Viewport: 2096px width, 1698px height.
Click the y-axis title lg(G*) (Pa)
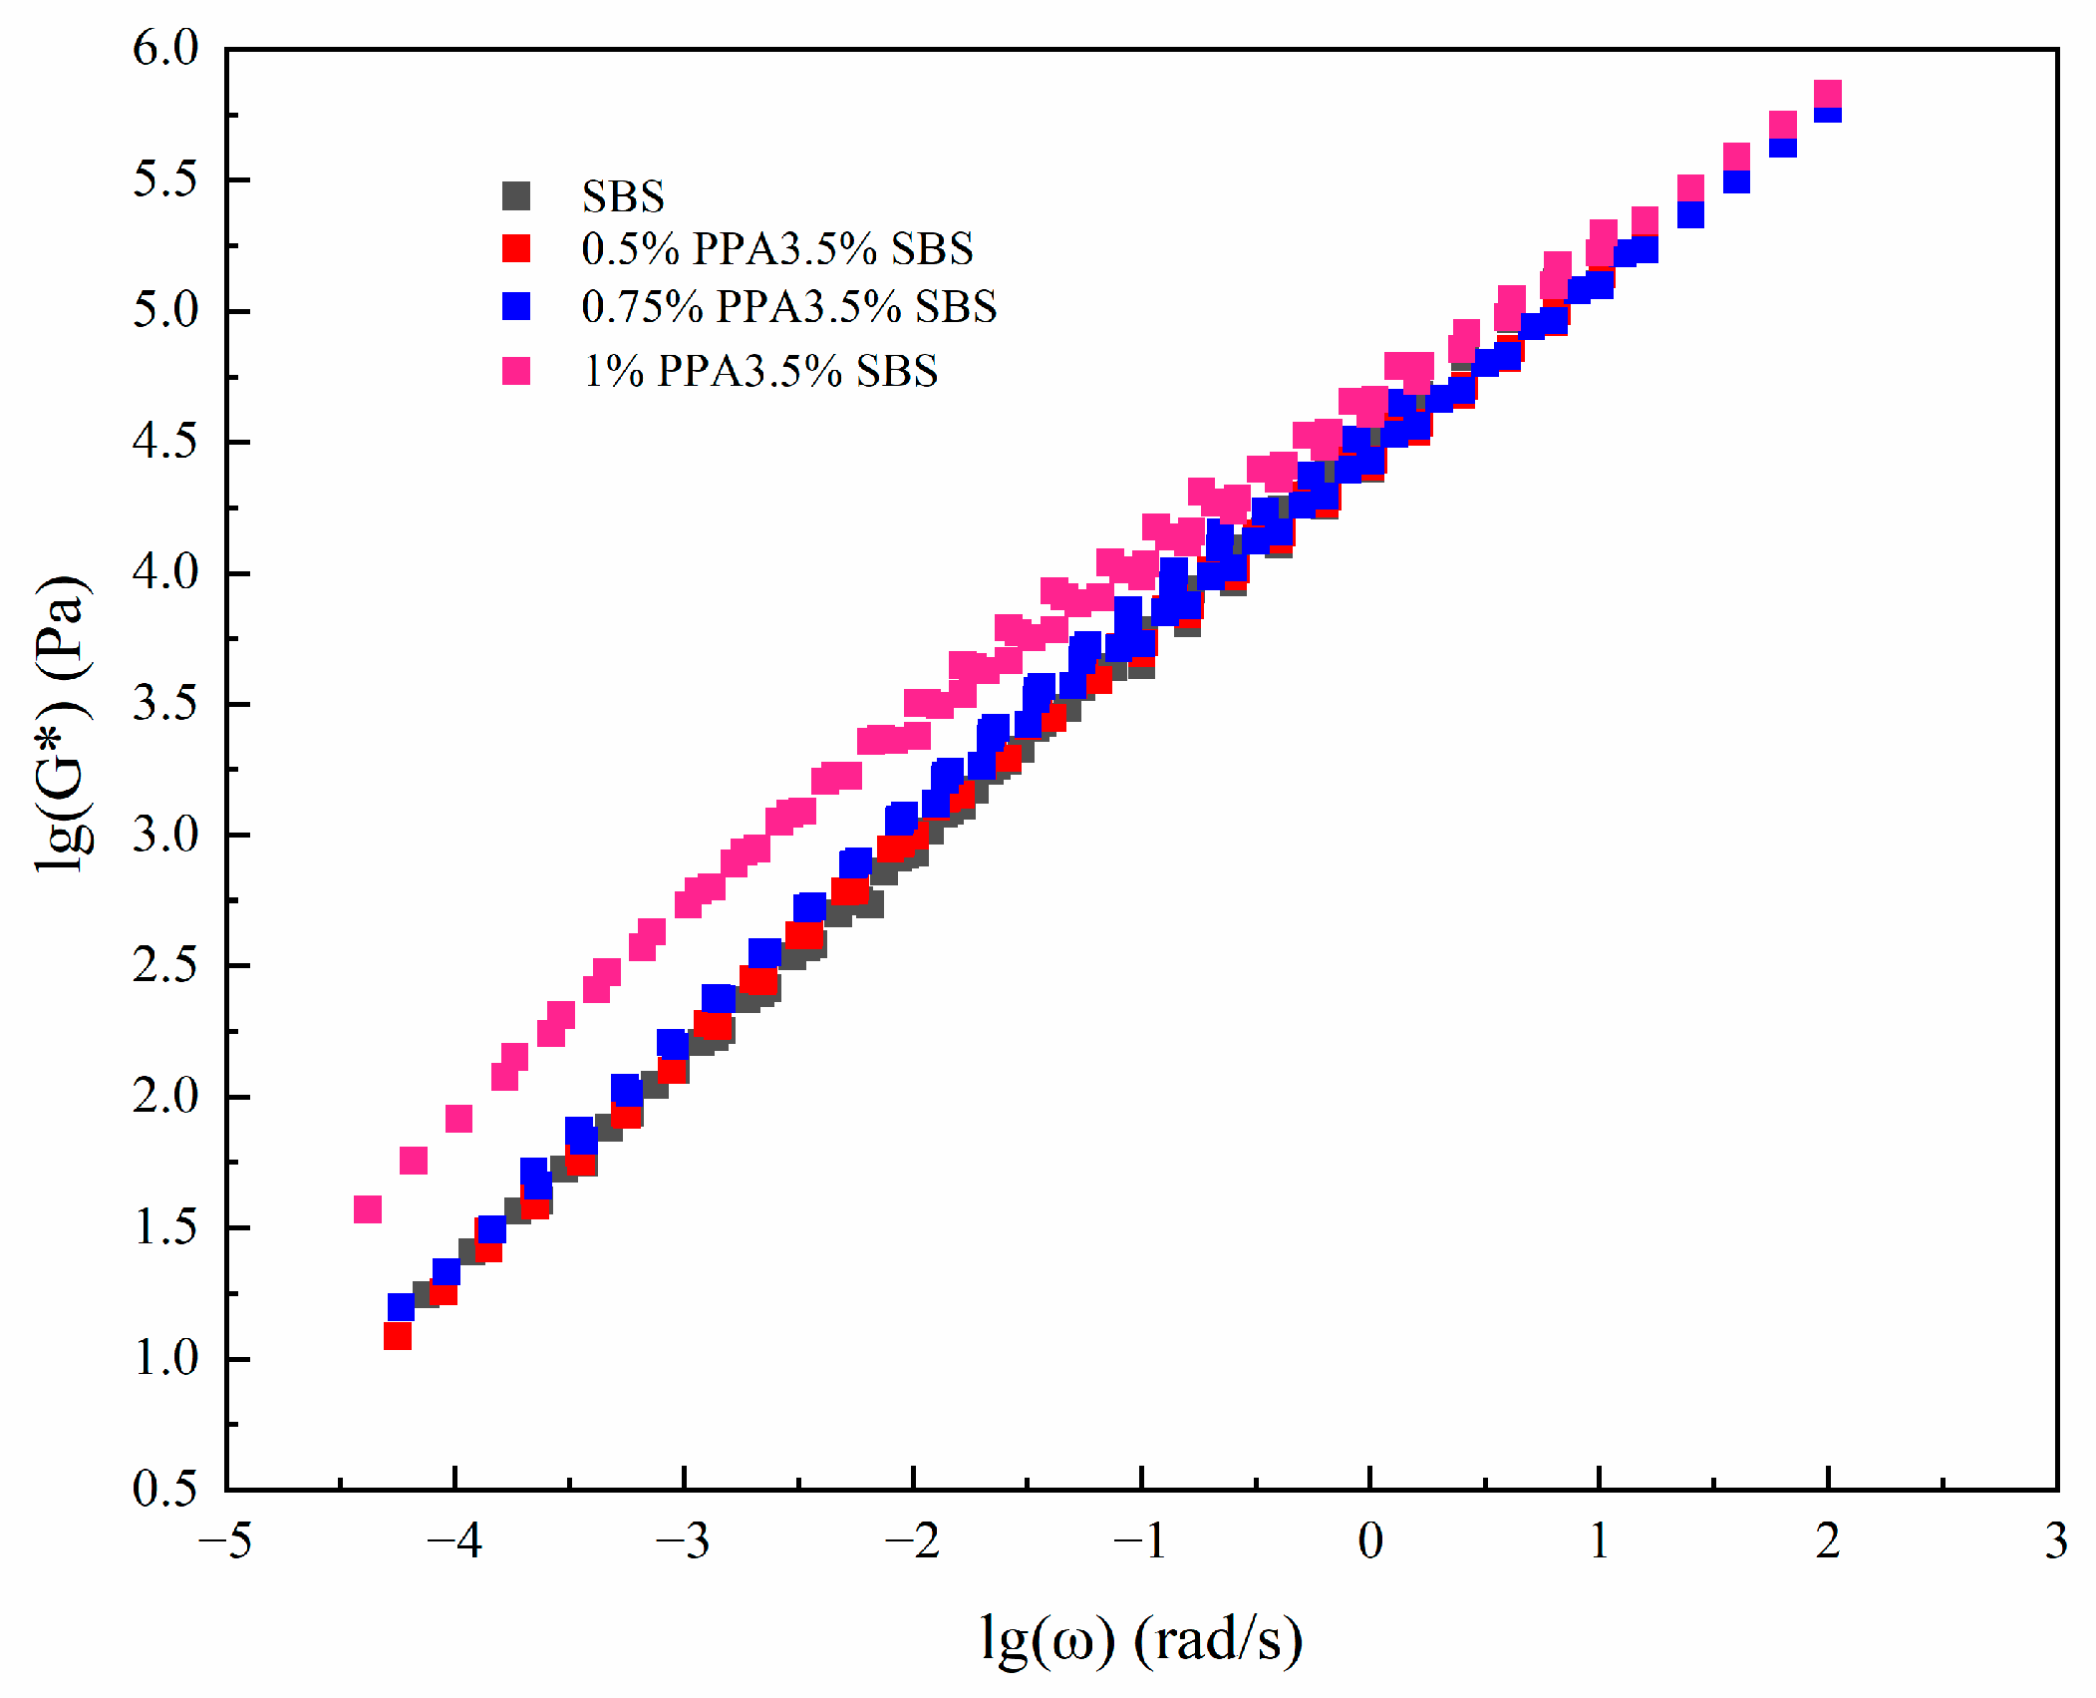(62, 725)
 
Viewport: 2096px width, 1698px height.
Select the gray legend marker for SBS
(516, 195)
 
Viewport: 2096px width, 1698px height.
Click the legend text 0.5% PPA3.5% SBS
(776, 248)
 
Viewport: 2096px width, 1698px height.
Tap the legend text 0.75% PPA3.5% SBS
(788, 306)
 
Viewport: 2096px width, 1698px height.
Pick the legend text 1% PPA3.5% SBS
(759, 371)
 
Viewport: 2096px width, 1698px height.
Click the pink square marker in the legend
(516, 371)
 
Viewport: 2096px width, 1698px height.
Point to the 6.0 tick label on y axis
(165, 48)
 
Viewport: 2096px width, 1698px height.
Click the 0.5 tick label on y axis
(165, 1489)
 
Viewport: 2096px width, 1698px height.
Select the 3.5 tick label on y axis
(165, 703)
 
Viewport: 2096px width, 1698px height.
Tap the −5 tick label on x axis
(225, 1541)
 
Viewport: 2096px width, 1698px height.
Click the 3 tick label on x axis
(2055, 1541)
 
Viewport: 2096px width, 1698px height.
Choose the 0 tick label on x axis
(1369, 1541)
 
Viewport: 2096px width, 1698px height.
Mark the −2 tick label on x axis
(912, 1541)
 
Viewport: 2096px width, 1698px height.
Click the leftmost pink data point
(368, 1208)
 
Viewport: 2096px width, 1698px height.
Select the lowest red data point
(398, 1335)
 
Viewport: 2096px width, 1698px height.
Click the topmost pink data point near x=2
(1827, 94)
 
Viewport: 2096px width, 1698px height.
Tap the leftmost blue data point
(401, 1306)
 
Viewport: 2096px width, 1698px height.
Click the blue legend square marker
(516, 306)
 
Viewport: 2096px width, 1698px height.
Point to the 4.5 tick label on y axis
(165, 441)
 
